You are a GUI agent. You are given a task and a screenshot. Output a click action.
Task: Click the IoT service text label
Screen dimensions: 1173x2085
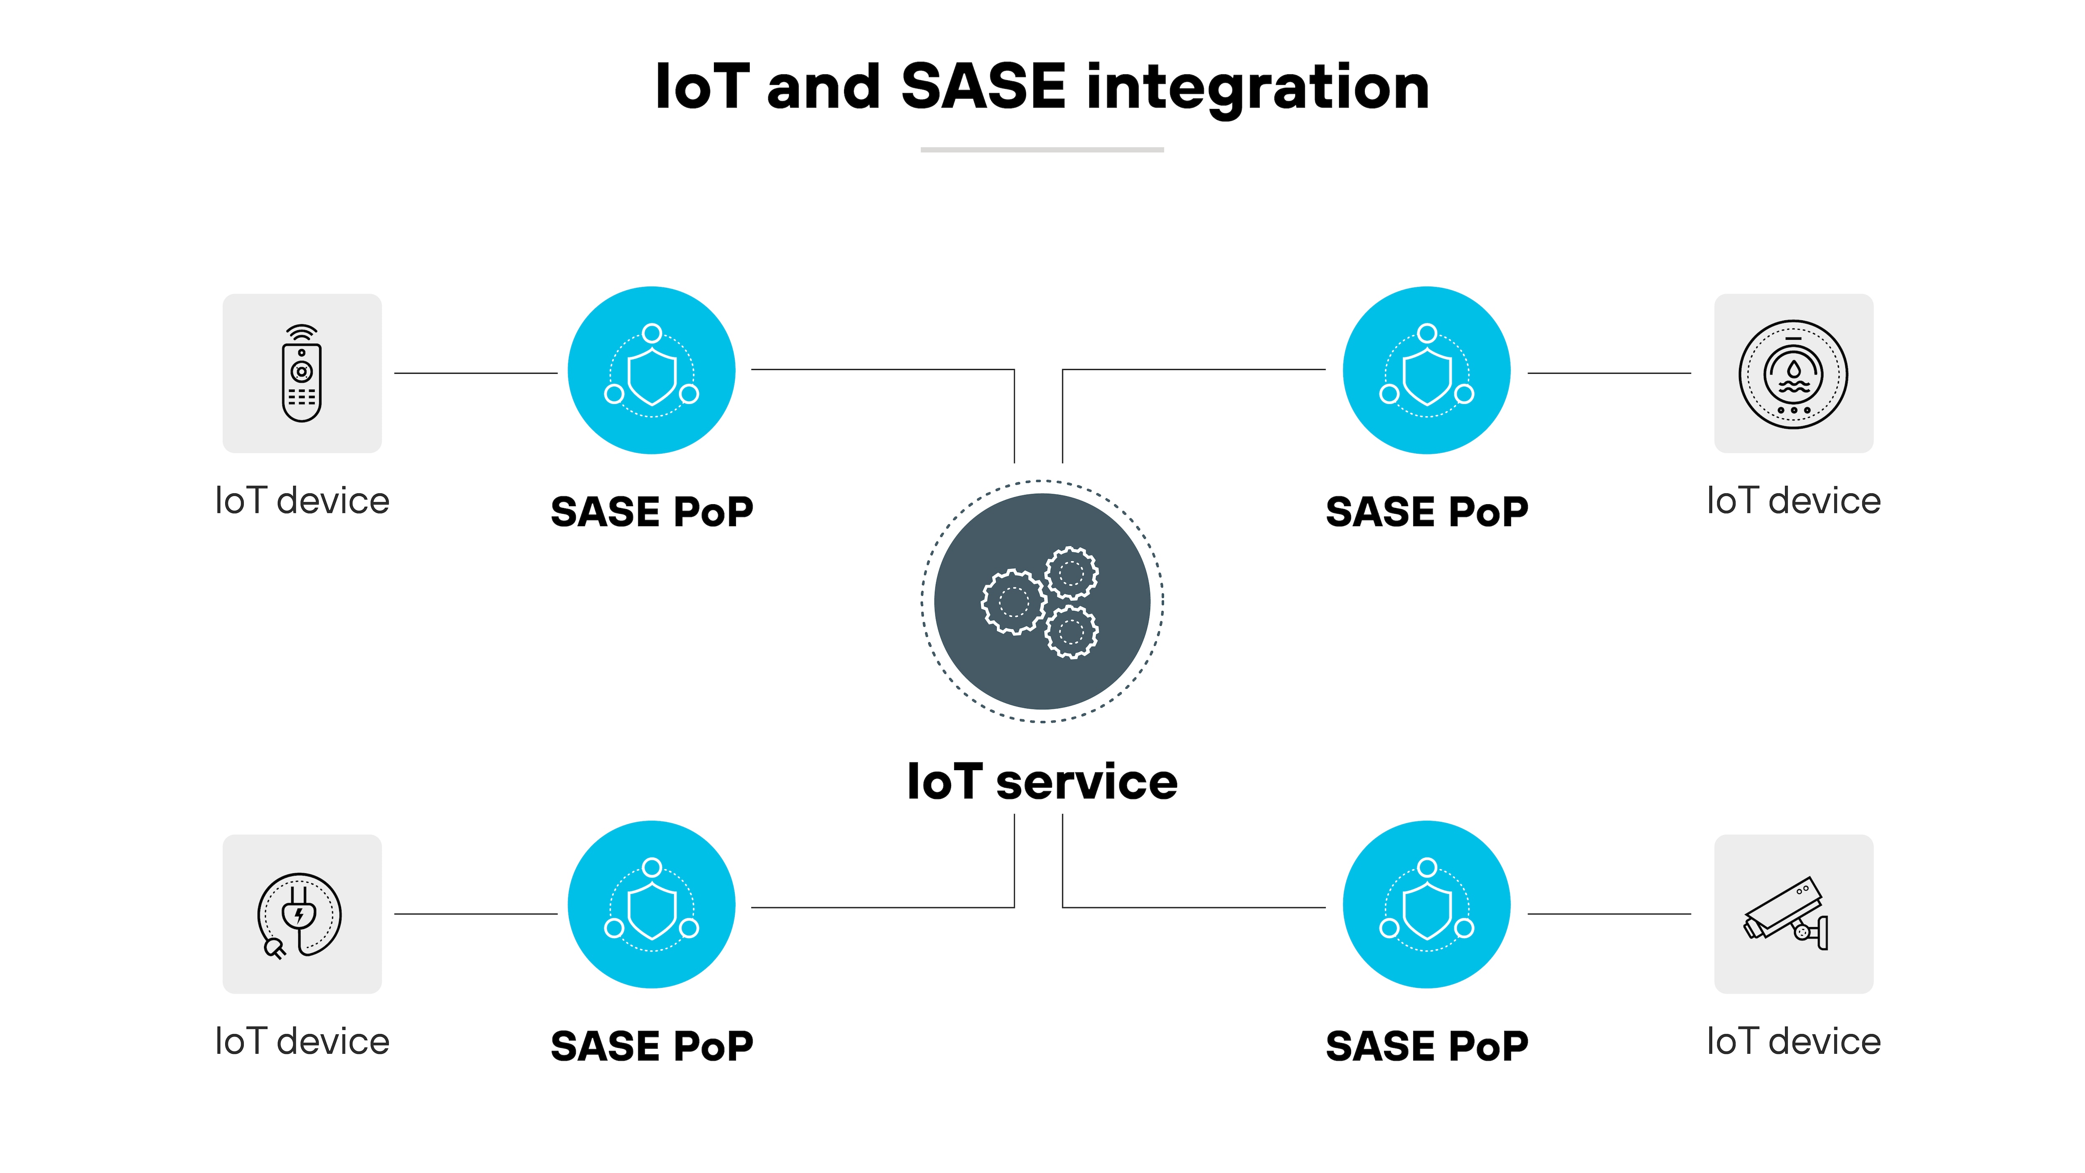1042,782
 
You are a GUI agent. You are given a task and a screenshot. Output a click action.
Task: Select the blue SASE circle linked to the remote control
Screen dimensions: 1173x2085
651,370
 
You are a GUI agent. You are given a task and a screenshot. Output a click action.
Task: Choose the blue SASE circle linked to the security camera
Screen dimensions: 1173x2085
1426,904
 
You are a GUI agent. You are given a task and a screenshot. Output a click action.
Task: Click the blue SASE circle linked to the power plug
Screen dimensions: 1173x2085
651,904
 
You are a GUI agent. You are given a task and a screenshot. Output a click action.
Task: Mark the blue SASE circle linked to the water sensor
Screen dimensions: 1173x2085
1426,370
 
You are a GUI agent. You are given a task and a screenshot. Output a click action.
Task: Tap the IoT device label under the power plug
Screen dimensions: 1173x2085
302,1041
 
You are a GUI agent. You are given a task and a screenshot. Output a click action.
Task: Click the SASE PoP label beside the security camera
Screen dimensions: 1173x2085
1426,1046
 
